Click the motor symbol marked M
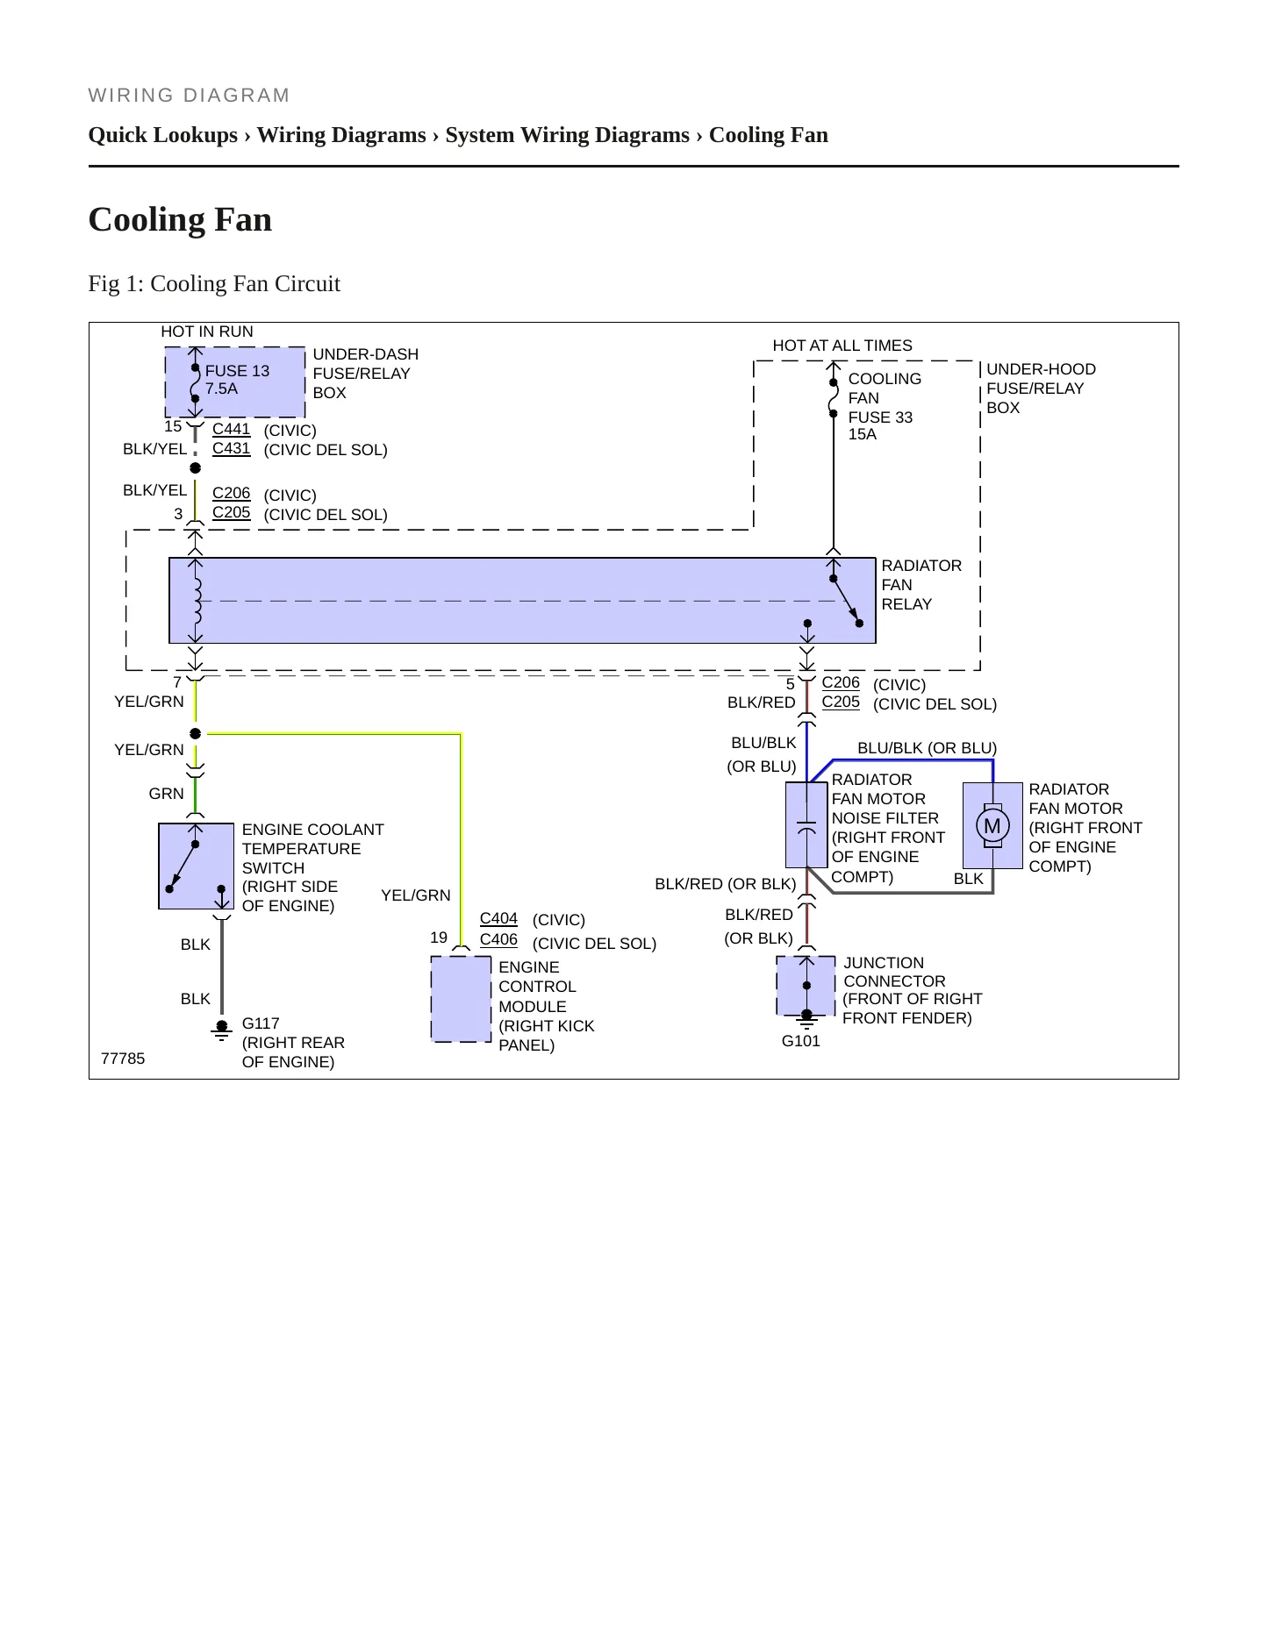point(992,825)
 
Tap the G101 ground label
point(800,1041)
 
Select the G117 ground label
point(261,1023)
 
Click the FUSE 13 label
point(237,371)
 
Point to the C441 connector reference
point(232,429)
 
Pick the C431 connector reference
point(232,448)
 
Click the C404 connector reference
point(498,918)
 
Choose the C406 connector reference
point(498,939)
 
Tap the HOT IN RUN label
point(207,332)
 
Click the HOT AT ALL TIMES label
point(842,346)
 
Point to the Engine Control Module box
point(461,999)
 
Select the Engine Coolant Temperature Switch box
point(196,866)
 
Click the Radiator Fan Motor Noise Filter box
point(806,824)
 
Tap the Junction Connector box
point(806,986)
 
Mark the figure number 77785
point(123,1059)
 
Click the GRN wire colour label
point(166,794)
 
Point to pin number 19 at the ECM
point(439,938)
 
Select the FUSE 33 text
point(880,417)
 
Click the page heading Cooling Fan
point(180,219)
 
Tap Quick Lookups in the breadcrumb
point(163,135)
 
